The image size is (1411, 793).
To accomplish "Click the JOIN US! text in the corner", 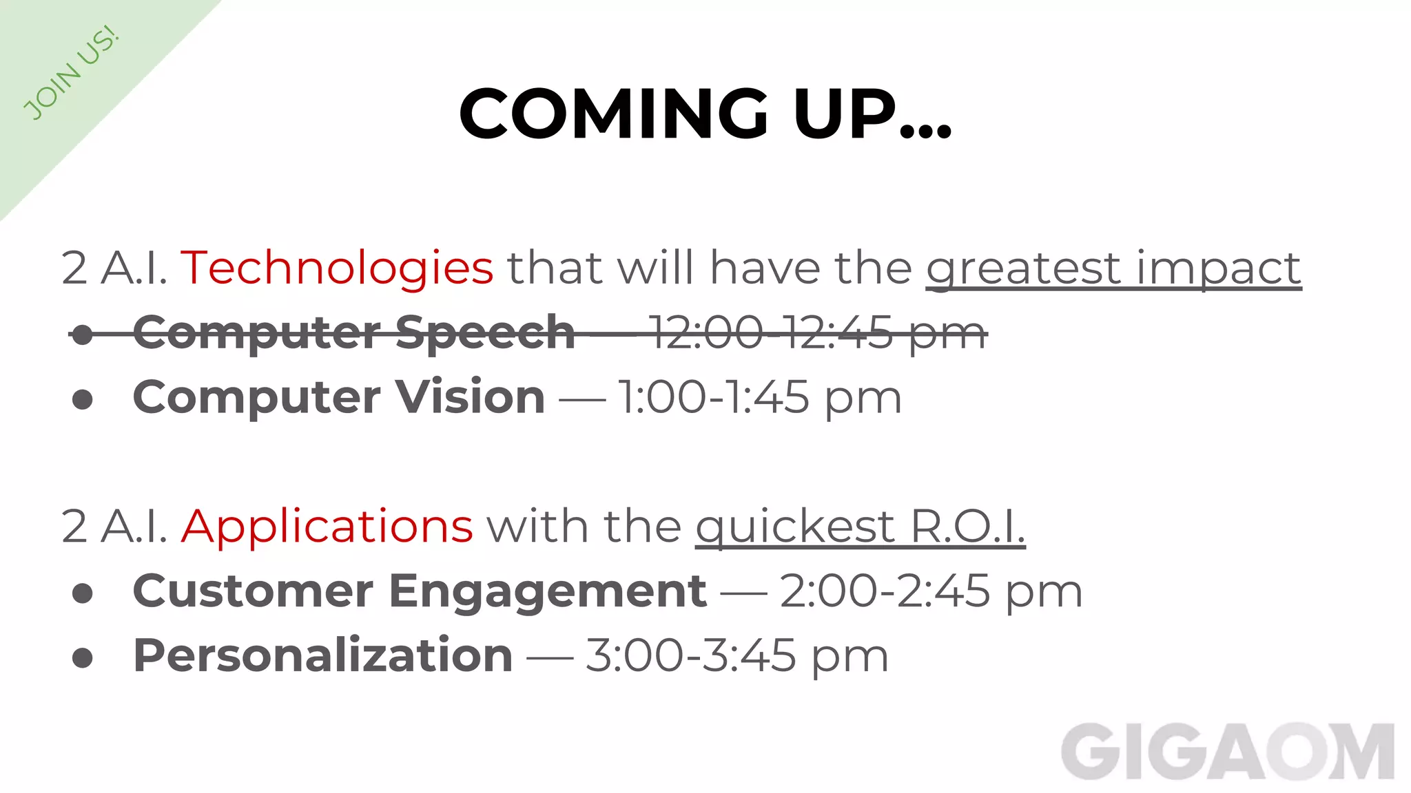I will [x=71, y=74].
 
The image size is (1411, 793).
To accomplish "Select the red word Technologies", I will [x=337, y=268].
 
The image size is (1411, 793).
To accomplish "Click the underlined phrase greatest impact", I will [x=1113, y=268].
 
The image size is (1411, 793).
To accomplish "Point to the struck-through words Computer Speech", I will [x=353, y=332].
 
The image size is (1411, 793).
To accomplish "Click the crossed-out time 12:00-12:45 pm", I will [x=817, y=332].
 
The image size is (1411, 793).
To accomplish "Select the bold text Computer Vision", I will [x=339, y=397].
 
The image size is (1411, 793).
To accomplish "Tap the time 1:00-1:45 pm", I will [x=760, y=397].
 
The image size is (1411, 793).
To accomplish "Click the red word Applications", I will [x=327, y=527].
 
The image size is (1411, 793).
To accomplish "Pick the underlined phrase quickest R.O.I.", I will [x=860, y=527].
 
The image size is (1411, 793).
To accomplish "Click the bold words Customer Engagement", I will [x=420, y=591].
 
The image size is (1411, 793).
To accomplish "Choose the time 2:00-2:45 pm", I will [x=931, y=591].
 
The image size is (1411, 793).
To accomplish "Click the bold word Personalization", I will [x=322, y=655].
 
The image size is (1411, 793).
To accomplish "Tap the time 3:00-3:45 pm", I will [x=737, y=655].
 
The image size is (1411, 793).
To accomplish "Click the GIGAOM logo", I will [x=1227, y=752].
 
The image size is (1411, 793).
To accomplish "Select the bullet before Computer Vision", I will [x=83, y=399].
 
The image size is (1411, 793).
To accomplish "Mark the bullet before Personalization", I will [x=83, y=657].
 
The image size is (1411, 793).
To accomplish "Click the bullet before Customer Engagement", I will [x=83, y=593].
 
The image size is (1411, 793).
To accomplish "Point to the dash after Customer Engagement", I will [x=743, y=593].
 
